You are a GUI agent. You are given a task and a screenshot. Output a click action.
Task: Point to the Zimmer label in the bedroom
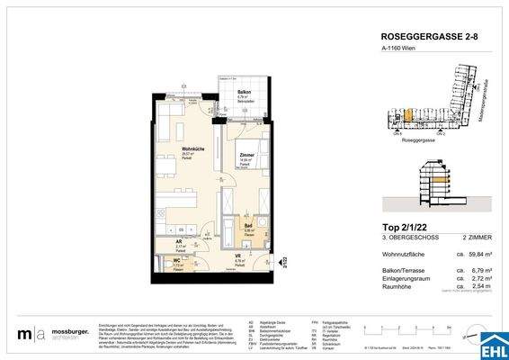tap(246, 156)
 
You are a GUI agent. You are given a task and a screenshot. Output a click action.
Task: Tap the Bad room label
tap(247, 227)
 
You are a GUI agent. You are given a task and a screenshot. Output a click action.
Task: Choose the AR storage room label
tap(181, 240)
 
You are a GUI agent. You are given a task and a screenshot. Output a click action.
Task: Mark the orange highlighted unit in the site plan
tap(406, 115)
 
